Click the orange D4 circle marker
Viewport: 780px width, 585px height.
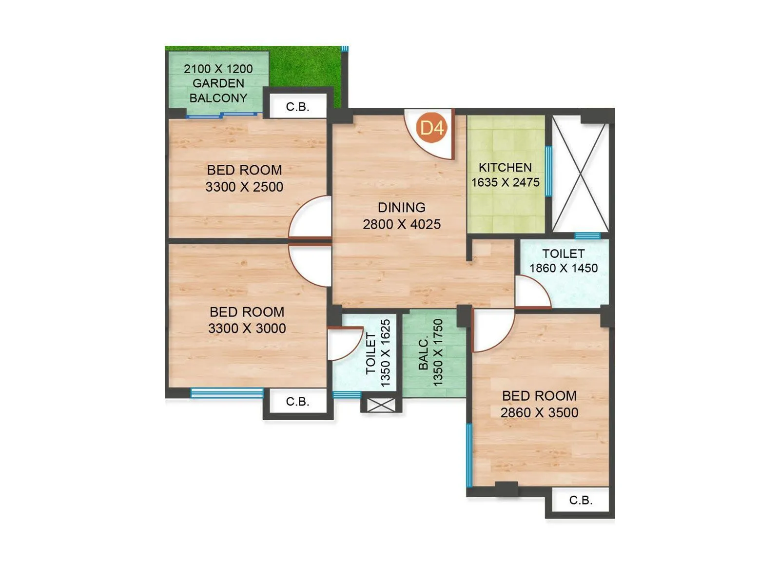(x=432, y=128)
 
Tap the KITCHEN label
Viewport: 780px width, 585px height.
(x=505, y=168)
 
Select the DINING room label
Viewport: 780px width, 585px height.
(x=402, y=208)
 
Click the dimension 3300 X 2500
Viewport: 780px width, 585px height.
(x=244, y=187)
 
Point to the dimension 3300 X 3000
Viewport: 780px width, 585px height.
(x=247, y=329)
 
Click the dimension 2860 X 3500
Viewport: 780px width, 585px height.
(x=539, y=412)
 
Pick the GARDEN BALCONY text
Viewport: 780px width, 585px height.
(x=218, y=91)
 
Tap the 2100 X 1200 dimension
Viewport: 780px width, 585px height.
(x=218, y=69)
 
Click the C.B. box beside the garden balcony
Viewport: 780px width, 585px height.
(x=297, y=107)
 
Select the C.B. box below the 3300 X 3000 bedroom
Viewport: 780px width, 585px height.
(x=297, y=402)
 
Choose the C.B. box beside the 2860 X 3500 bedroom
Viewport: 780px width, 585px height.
(x=581, y=500)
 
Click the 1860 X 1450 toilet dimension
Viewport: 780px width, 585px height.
(x=564, y=268)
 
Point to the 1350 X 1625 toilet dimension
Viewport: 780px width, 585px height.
(x=386, y=353)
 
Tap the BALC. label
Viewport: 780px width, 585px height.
(x=424, y=352)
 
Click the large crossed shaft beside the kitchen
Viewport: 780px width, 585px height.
(x=580, y=177)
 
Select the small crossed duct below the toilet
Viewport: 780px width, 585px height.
(x=381, y=405)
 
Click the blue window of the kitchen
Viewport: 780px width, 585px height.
(x=548, y=171)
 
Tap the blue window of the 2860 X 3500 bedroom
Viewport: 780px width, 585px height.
(x=469, y=455)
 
